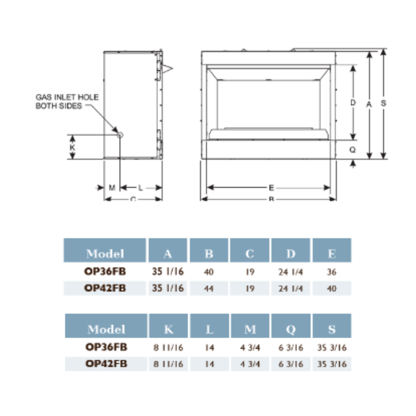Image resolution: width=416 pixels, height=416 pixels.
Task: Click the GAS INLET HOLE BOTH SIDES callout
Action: coord(67,101)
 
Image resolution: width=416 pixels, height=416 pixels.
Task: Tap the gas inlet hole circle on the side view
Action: coord(120,135)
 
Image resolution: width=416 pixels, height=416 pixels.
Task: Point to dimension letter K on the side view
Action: coord(73,146)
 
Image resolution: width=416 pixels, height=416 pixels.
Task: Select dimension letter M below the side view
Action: coord(112,188)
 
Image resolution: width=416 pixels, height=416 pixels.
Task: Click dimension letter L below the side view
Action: coord(140,188)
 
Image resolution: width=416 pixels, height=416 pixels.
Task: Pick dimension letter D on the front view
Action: coord(353,102)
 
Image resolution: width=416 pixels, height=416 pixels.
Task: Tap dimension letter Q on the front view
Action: coord(353,150)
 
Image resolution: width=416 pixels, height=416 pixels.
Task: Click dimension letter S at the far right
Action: coord(384,103)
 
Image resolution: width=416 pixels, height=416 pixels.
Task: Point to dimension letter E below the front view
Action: coord(271,188)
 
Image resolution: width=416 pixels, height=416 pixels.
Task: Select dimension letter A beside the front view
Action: coord(369,103)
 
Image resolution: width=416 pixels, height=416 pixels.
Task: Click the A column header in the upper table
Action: coord(168,254)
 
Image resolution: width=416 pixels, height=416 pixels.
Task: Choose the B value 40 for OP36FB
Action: coord(209,272)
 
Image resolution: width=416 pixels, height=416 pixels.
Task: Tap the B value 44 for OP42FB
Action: coord(209,289)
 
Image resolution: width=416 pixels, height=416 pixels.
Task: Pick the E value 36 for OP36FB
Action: coord(332,272)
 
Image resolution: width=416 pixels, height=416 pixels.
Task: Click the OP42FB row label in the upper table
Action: coord(105,289)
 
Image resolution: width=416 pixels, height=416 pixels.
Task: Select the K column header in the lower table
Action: coord(168,329)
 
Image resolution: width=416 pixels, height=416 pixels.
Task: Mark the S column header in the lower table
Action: coord(332,329)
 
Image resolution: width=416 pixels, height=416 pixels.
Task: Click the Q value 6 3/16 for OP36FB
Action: coord(291,347)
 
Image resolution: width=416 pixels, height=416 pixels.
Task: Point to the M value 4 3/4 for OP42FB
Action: coord(250,364)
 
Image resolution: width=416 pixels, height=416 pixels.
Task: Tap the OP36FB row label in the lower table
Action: coord(105,347)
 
